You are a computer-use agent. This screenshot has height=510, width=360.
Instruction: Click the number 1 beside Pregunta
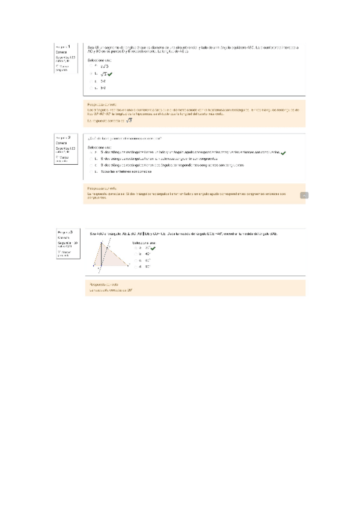pos(69,46)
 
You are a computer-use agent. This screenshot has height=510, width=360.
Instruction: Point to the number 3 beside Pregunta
pos(71,232)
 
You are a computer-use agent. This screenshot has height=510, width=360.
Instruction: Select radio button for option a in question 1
pos(90,66)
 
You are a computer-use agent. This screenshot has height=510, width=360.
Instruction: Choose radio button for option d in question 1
pos(90,88)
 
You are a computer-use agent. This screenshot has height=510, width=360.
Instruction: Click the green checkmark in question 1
pos(110,74)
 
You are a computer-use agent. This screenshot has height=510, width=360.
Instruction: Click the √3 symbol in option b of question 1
pos(103,74)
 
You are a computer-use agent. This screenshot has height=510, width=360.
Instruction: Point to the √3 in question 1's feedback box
pos(128,120)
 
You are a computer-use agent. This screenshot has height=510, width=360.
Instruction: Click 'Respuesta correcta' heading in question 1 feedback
pos(102,104)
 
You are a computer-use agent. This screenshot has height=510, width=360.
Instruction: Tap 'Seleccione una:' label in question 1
pos(100,61)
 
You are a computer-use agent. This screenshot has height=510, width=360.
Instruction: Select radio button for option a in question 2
pos(90,153)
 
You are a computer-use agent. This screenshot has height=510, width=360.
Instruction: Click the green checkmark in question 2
pos(283,153)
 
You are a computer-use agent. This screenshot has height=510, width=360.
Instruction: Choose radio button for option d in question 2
pos(90,171)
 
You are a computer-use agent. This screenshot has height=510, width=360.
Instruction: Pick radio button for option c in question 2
pos(90,165)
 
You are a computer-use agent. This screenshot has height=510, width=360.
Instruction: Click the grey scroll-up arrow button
pos(304,195)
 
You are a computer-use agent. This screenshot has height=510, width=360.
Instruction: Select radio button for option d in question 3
pos(140,266)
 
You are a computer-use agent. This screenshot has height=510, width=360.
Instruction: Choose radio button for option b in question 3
pos(140,253)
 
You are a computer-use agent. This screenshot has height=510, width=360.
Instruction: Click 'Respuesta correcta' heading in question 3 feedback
pos(103,283)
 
